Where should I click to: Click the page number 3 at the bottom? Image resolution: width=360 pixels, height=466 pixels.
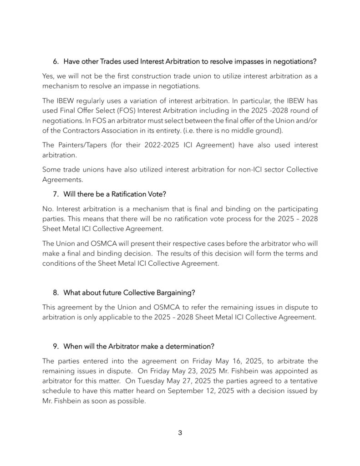tap(180, 433)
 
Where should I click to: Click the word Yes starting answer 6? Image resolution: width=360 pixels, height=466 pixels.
tap(48, 76)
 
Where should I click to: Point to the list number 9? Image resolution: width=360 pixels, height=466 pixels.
tap(56, 346)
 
